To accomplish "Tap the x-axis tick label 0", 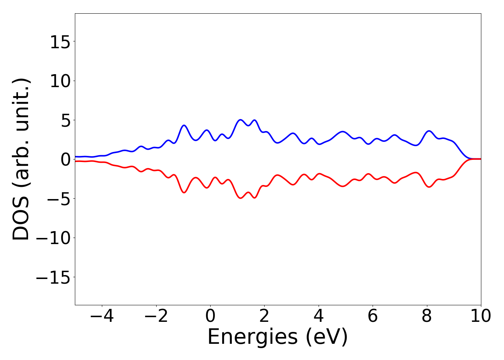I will [210, 316].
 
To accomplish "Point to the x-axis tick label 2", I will [264, 316].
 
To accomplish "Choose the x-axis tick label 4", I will [319, 316].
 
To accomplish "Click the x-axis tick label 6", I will [373, 316].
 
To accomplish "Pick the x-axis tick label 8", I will [427, 316].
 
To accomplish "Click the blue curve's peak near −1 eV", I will [184, 125].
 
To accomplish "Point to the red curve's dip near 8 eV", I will [429, 187].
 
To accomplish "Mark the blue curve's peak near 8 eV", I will [429, 131].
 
